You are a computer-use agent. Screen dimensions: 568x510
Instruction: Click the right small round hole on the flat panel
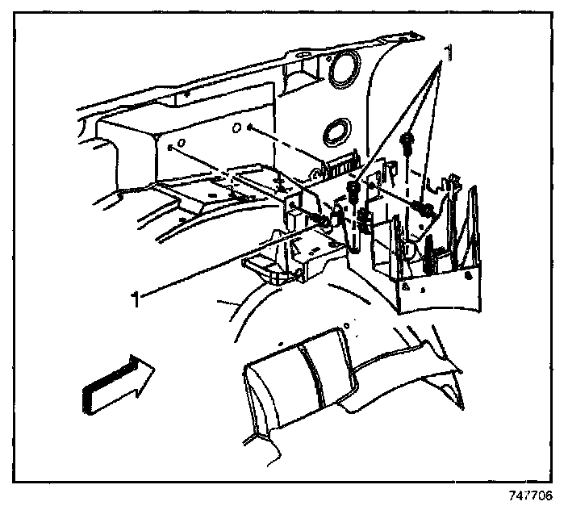(x=236, y=129)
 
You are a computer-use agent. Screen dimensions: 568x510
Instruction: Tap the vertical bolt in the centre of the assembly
(x=353, y=194)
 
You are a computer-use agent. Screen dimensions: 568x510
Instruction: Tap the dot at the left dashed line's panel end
(x=171, y=148)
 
